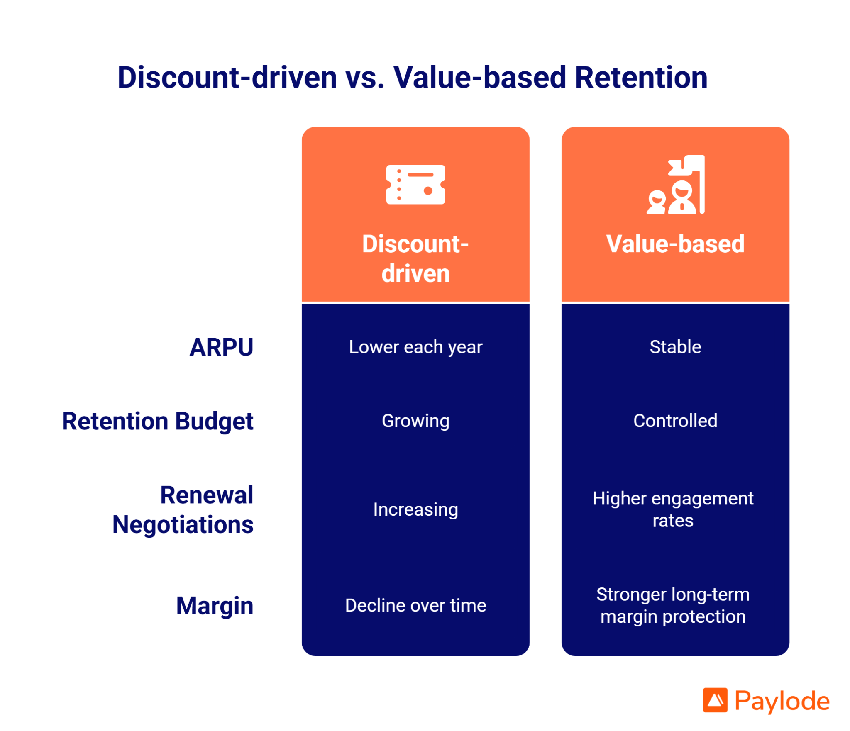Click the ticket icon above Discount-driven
pyautogui.click(x=415, y=185)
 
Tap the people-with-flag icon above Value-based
pyautogui.click(x=675, y=185)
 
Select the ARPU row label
pyautogui.click(x=221, y=347)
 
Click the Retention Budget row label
pyautogui.click(x=157, y=421)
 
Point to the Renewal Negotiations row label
pyautogui.click(x=183, y=509)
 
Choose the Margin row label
pyautogui.click(x=215, y=606)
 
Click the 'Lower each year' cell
pyautogui.click(x=415, y=347)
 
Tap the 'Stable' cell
pyautogui.click(x=675, y=347)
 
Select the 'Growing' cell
pyautogui.click(x=415, y=421)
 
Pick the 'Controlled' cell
pyautogui.click(x=675, y=421)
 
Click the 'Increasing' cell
pyautogui.click(x=415, y=509)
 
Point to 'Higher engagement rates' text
pyautogui.click(x=673, y=509)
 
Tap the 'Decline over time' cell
pyautogui.click(x=415, y=605)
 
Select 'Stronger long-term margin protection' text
pyautogui.click(x=673, y=605)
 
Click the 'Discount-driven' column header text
pyautogui.click(x=415, y=258)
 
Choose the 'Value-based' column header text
pyautogui.click(x=675, y=244)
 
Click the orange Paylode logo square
pyautogui.click(x=715, y=700)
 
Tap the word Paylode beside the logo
pyautogui.click(x=782, y=701)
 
